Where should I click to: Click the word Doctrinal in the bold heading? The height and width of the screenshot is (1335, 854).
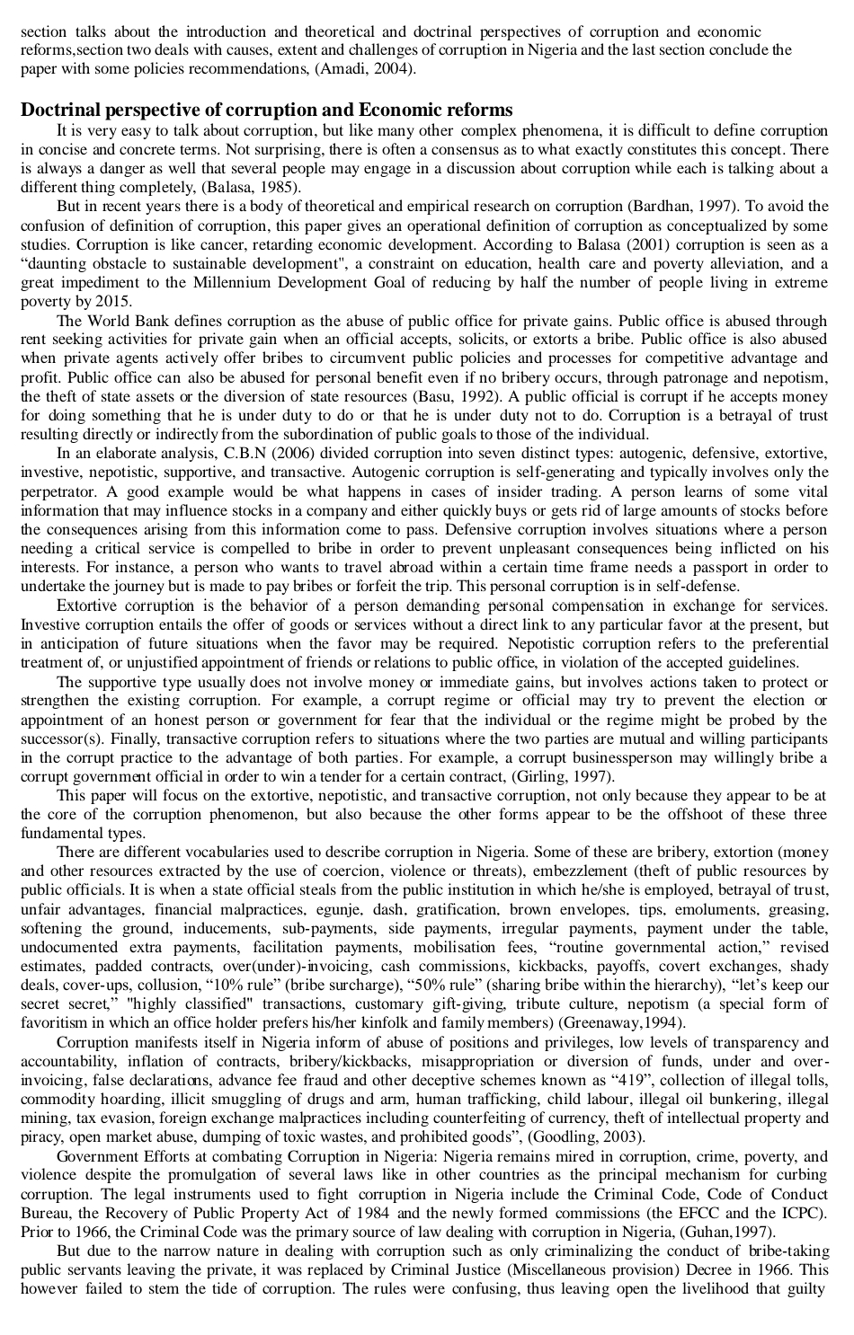tap(61, 111)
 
